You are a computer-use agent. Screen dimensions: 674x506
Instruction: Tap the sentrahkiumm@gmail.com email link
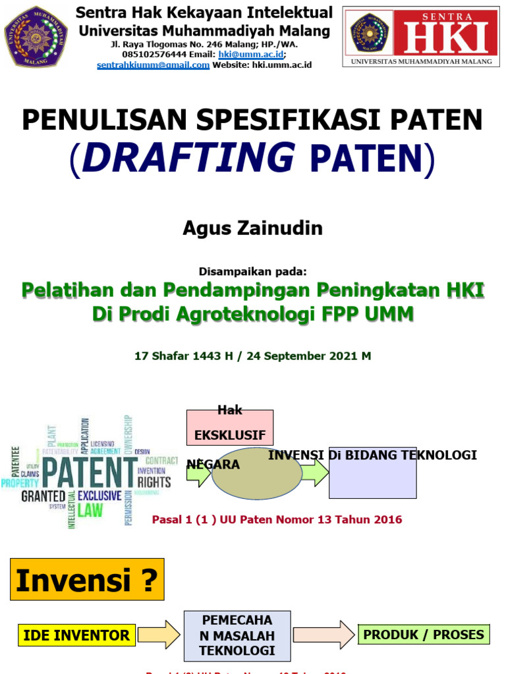pos(153,65)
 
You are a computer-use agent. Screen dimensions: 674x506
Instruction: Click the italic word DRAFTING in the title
pos(188,158)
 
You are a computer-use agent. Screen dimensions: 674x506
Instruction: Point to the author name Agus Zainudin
pos(252,228)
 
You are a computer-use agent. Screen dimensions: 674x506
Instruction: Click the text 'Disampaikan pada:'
pos(252,271)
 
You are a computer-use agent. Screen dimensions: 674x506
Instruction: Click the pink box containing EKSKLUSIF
pos(229,428)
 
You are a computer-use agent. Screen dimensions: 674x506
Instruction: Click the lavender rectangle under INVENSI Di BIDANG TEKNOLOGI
pos(373,477)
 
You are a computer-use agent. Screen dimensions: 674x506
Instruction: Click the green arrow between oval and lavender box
pos(315,472)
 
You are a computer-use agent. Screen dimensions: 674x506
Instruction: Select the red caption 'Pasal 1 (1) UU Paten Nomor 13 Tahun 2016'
pos(277,520)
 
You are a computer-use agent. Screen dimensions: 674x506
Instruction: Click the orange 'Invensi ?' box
pos(87,580)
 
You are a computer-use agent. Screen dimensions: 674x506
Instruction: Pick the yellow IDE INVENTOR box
pos(76,635)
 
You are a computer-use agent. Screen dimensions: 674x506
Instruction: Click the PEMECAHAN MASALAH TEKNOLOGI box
pos(237,636)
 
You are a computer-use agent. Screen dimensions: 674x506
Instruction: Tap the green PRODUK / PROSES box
pos(424,635)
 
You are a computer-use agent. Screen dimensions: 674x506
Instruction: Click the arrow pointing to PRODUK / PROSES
pos(323,635)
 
